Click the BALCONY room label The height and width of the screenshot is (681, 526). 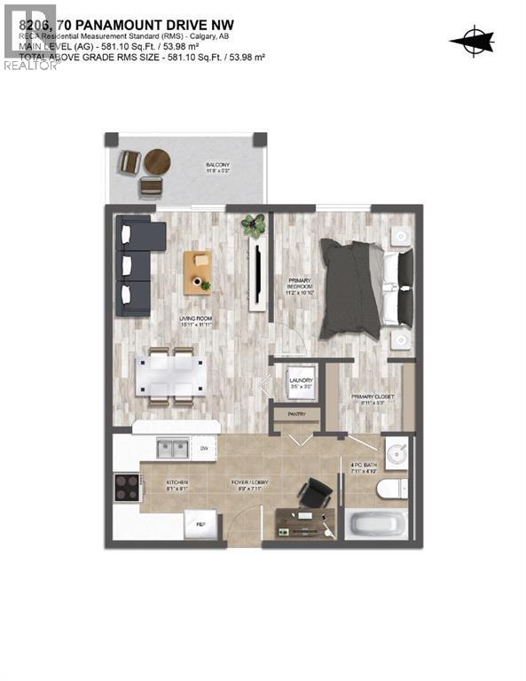tap(218, 168)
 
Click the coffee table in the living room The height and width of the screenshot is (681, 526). tap(198, 272)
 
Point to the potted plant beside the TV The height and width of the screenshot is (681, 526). tap(255, 225)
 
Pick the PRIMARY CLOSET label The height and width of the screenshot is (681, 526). tap(365, 401)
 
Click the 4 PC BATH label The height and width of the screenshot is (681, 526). tap(364, 467)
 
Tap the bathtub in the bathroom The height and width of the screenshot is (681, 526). tap(377, 524)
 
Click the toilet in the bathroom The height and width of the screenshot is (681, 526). tap(392, 488)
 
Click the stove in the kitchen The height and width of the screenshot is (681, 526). tap(127, 487)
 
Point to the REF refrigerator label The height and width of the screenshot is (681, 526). tap(201, 525)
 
